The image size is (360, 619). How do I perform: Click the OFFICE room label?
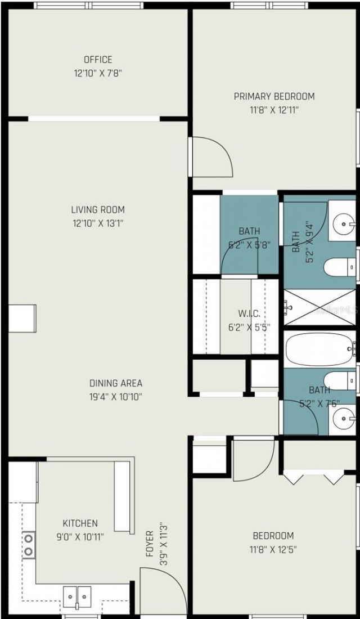[98, 59]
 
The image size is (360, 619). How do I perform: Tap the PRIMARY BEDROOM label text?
[274, 96]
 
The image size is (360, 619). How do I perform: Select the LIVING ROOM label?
[98, 209]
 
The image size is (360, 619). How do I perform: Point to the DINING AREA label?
[115, 383]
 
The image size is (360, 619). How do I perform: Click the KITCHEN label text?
[80, 523]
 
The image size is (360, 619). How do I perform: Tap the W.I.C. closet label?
[248, 313]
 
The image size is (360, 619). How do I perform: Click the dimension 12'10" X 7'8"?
[98, 73]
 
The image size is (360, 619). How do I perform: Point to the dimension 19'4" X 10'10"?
[115, 396]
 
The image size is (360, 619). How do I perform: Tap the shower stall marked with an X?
[319, 308]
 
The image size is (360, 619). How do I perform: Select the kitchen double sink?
[76, 594]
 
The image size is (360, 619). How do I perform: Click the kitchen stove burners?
[28, 545]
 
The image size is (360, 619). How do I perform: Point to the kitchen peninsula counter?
[124, 495]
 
